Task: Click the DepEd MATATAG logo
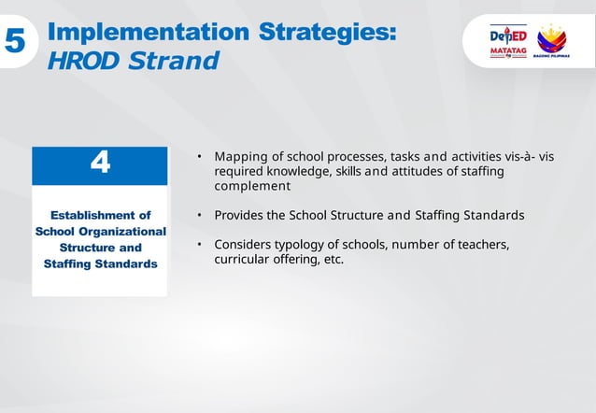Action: (508, 43)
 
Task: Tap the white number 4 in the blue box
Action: (100, 164)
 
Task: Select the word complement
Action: (252, 186)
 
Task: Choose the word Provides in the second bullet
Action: (239, 216)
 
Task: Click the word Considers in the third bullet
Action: (243, 245)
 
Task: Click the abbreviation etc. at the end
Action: (333, 259)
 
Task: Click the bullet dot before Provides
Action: (199, 216)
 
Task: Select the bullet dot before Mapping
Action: (199, 157)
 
